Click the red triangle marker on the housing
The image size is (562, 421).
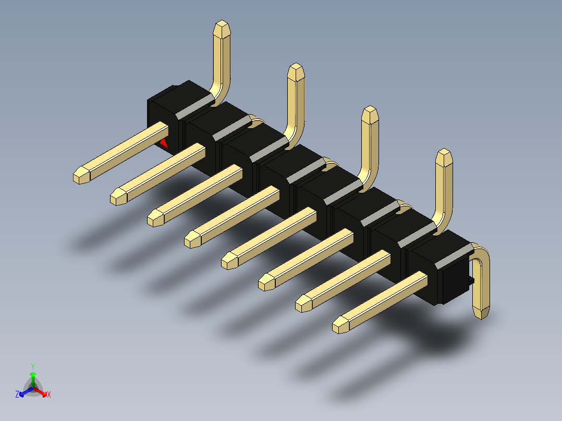tap(164, 143)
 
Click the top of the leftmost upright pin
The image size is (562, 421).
tap(222, 29)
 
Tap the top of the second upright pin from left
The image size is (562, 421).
tap(297, 72)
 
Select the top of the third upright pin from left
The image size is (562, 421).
tap(370, 115)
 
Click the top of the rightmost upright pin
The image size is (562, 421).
tap(444, 157)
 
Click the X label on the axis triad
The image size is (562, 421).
tap(49, 395)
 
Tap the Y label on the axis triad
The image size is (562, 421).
tap(32, 366)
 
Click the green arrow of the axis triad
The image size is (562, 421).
tap(33, 377)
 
